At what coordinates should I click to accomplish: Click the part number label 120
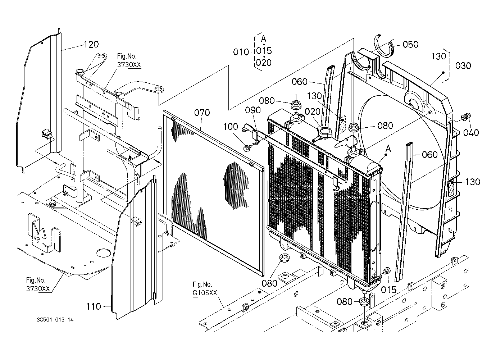pyautogui.click(x=91, y=45)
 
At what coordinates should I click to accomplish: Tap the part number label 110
pyautogui.click(x=94, y=307)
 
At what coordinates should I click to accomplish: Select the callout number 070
pyautogui.click(x=202, y=113)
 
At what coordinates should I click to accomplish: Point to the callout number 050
pyautogui.click(x=410, y=45)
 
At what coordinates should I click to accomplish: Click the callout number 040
pyautogui.click(x=471, y=133)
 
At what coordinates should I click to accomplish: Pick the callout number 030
pyautogui.click(x=463, y=66)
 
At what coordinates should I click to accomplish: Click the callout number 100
pyautogui.click(x=230, y=127)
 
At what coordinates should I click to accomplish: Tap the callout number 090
pyautogui.click(x=253, y=110)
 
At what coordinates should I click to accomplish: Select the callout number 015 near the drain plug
pyautogui.click(x=388, y=290)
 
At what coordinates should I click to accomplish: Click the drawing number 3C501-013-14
pyautogui.click(x=55, y=320)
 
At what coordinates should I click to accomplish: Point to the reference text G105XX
pyautogui.click(x=205, y=293)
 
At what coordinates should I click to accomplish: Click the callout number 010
pyautogui.click(x=241, y=52)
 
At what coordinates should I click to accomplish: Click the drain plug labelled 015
pyautogui.click(x=386, y=271)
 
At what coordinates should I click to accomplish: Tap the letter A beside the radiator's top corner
pyautogui.click(x=388, y=149)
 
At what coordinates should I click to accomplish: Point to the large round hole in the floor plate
pyautogui.click(x=103, y=253)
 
